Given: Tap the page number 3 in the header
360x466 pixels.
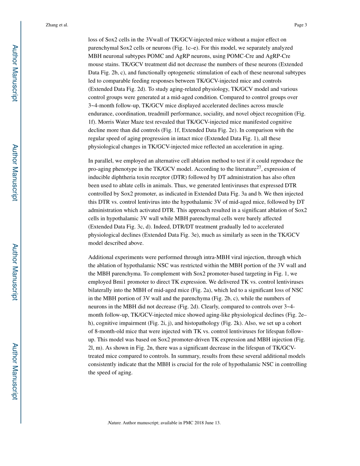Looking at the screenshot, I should [x=305, y=25].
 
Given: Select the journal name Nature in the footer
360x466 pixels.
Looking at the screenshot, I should [x=114, y=422].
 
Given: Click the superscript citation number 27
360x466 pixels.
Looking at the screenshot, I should [x=259, y=167].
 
